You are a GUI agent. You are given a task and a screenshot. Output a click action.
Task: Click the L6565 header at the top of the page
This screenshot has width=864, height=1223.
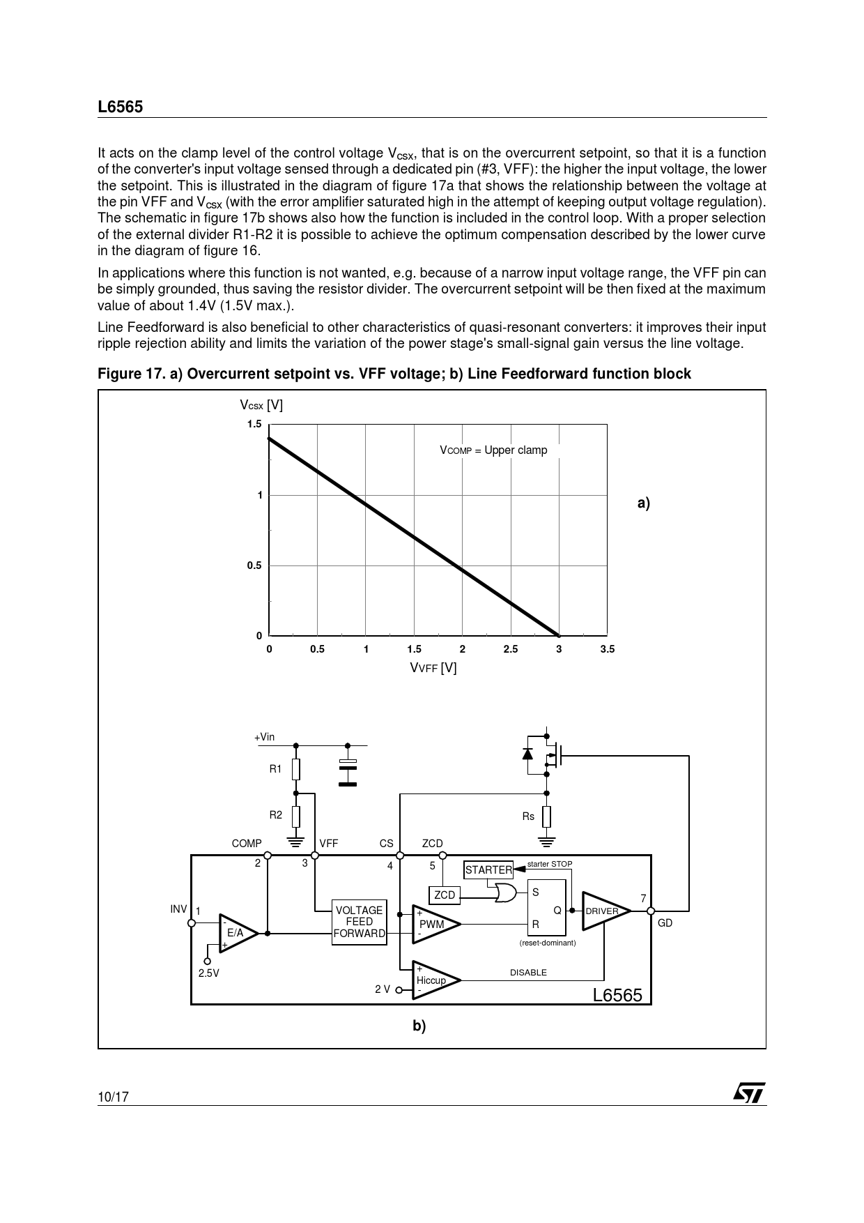[x=120, y=107]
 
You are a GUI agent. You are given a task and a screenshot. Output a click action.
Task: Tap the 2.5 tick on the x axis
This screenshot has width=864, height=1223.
[x=511, y=649]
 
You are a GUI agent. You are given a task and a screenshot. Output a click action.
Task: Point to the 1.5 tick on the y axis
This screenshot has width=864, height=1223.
[x=254, y=425]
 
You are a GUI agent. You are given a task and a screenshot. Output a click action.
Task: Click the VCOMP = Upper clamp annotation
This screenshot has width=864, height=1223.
[x=493, y=450]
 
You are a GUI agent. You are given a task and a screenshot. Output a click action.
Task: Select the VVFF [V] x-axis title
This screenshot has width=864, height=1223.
[x=433, y=668]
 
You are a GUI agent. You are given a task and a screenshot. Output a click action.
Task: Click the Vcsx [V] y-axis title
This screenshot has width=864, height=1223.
[x=261, y=405]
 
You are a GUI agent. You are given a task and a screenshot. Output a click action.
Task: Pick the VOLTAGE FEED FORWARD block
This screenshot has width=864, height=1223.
[x=360, y=922]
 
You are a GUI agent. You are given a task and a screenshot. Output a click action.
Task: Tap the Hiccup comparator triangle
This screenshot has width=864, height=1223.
[x=434, y=980]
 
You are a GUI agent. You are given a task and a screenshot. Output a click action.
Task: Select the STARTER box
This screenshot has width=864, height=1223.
[x=488, y=870]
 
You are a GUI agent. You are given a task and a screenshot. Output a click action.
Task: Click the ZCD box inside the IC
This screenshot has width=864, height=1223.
[x=445, y=895]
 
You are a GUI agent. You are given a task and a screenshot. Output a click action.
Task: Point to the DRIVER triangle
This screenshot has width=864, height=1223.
[x=603, y=911]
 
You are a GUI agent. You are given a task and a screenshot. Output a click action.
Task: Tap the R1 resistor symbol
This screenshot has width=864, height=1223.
[x=296, y=769]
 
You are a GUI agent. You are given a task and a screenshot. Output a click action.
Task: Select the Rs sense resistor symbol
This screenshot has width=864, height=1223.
[x=547, y=816]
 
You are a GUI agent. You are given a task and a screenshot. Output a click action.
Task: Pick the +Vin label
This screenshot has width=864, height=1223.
[x=264, y=737]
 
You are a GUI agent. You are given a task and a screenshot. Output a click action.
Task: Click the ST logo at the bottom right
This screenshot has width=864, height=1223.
[x=748, y=1093]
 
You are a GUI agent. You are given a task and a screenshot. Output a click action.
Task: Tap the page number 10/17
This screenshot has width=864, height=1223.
[x=113, y=1097]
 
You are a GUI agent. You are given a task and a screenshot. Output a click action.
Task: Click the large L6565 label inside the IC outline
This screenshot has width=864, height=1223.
[x=617, y=995]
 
